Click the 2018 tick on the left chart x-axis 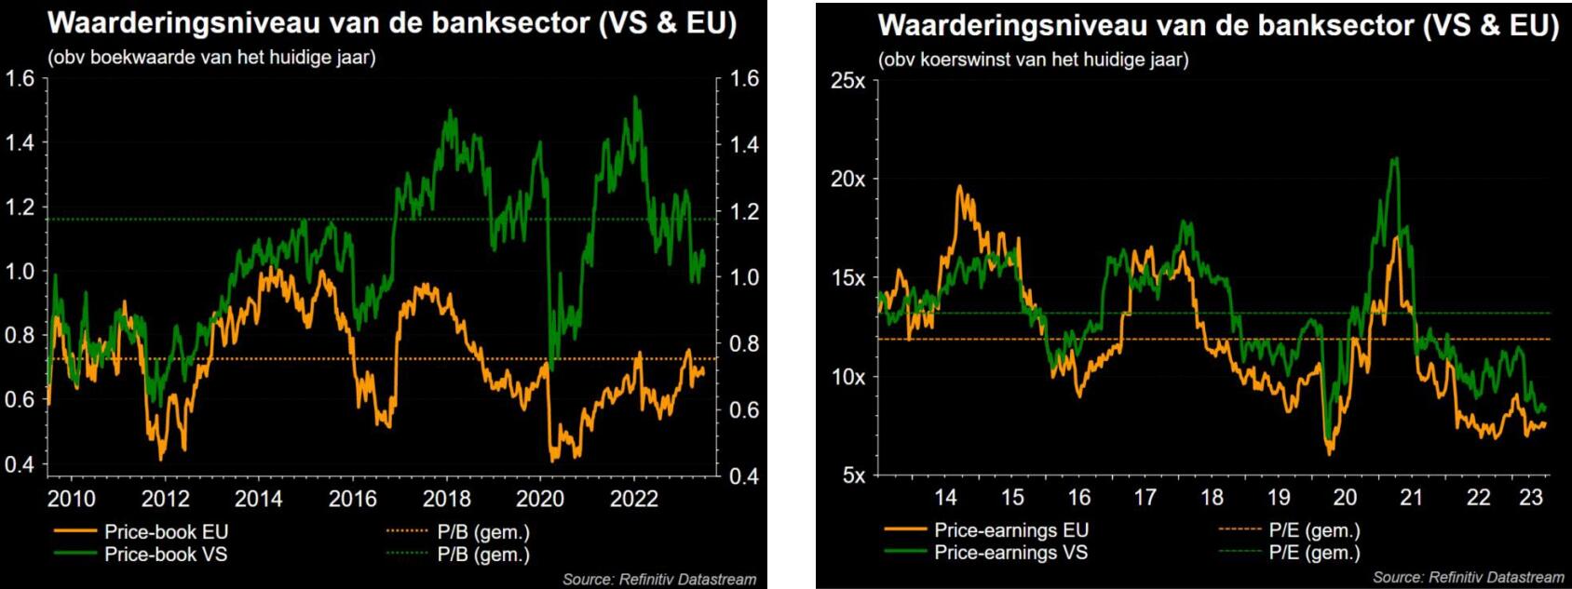[446, 499]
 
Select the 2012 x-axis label [165, 499]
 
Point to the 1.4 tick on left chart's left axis [20, 142]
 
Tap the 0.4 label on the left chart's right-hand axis [744, 476]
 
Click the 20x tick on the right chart [847, 179]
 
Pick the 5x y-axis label [853, 475]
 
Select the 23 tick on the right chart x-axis [1531, 497]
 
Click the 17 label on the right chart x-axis [1145, 497]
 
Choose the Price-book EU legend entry [166, 532]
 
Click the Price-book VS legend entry [166, 555]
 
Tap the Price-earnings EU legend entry [1010, 530]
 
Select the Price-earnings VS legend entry [1010, 553]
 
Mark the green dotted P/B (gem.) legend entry [482, 555]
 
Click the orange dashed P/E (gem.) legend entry [1313, 530]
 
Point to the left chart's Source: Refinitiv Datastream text [658, 579]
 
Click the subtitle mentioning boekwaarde [212, 58]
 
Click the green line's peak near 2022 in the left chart [636, 97]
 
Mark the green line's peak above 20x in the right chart [1394, 159]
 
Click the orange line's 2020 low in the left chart [556, 459]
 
